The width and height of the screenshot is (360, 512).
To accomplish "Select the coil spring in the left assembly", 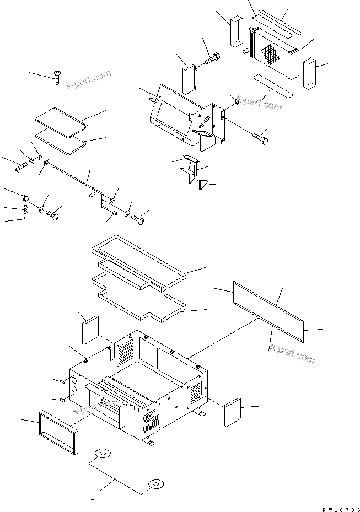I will (25, 209).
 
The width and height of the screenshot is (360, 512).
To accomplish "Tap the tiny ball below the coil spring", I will (25, 219).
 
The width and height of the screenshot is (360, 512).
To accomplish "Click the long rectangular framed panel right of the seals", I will (270, 311).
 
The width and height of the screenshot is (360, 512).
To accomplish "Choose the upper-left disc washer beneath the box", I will (102, 454).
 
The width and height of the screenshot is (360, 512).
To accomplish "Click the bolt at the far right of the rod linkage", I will (139, 219).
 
